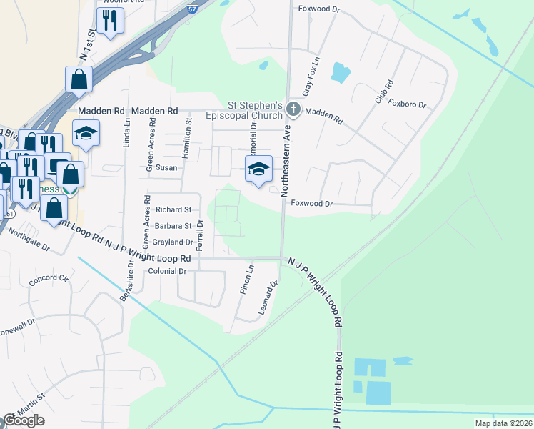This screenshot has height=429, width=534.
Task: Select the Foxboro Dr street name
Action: pos(408,104)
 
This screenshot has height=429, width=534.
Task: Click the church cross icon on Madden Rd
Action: pos(293,110)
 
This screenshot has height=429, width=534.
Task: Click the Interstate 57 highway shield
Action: pos(193,9)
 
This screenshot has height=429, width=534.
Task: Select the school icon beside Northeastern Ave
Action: pos(258,169)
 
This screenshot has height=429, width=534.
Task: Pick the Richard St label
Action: pos(173,210)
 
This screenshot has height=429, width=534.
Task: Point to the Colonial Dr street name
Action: pos(167,271)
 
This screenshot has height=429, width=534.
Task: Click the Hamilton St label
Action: pos(188,132)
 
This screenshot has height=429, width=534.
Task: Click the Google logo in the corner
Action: pos(24,420)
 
